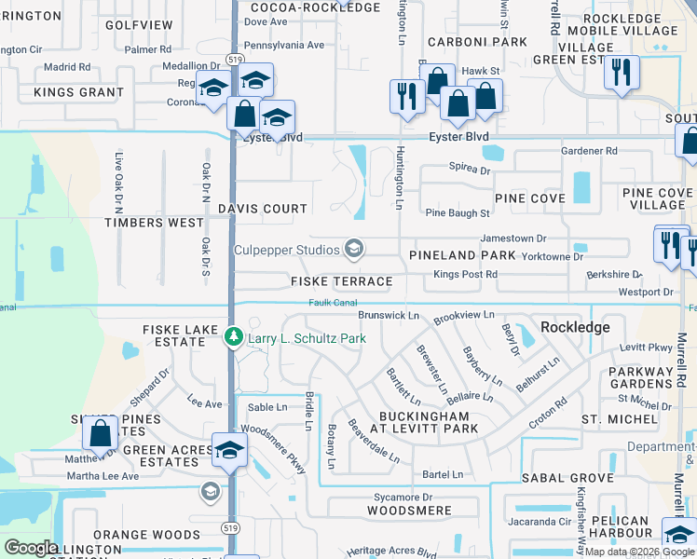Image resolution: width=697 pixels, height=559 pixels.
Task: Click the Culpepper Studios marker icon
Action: [x=354, y=248]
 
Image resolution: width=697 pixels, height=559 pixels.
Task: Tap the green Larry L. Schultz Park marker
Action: [x=235, y=338]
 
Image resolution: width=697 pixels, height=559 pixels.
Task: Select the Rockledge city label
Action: [x=575, y=327]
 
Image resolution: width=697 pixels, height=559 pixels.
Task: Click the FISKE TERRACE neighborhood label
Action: [x=341, y=281]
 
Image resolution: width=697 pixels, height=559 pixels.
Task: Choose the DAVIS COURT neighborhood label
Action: [x=263, y=210]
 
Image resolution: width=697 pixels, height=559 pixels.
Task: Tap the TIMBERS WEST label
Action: [x=154, y=223]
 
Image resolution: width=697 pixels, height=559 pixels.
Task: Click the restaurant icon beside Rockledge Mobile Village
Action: [x=621, y=72]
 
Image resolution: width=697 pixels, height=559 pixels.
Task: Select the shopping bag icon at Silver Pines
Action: [x=100, y=432]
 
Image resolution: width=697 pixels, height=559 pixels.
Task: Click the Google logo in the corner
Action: [x=31, y=548]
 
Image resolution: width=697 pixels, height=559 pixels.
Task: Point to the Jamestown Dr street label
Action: [x=512, y=239]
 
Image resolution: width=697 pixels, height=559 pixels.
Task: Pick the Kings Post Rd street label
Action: [x=466, y=275]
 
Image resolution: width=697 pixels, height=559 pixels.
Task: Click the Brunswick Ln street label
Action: [x=389, y=316]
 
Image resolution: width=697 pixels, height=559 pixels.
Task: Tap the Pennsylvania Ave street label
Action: [x=284, y=44]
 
